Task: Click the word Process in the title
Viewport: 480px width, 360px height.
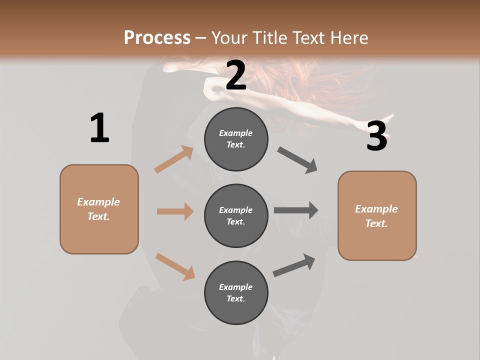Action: [157, 38]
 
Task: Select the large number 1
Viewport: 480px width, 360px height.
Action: [99, 128]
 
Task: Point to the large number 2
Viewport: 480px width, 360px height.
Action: [236, 76]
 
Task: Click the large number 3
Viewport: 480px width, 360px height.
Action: [376, 136]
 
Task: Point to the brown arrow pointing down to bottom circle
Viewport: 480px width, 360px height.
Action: [175, 266]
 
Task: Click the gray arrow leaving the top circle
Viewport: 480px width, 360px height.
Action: [297, 160]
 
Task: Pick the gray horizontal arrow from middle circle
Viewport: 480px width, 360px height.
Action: [295, 210]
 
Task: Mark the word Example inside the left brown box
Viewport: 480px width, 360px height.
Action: [98, 202]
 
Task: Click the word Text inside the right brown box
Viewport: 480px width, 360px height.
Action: [376, 223]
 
